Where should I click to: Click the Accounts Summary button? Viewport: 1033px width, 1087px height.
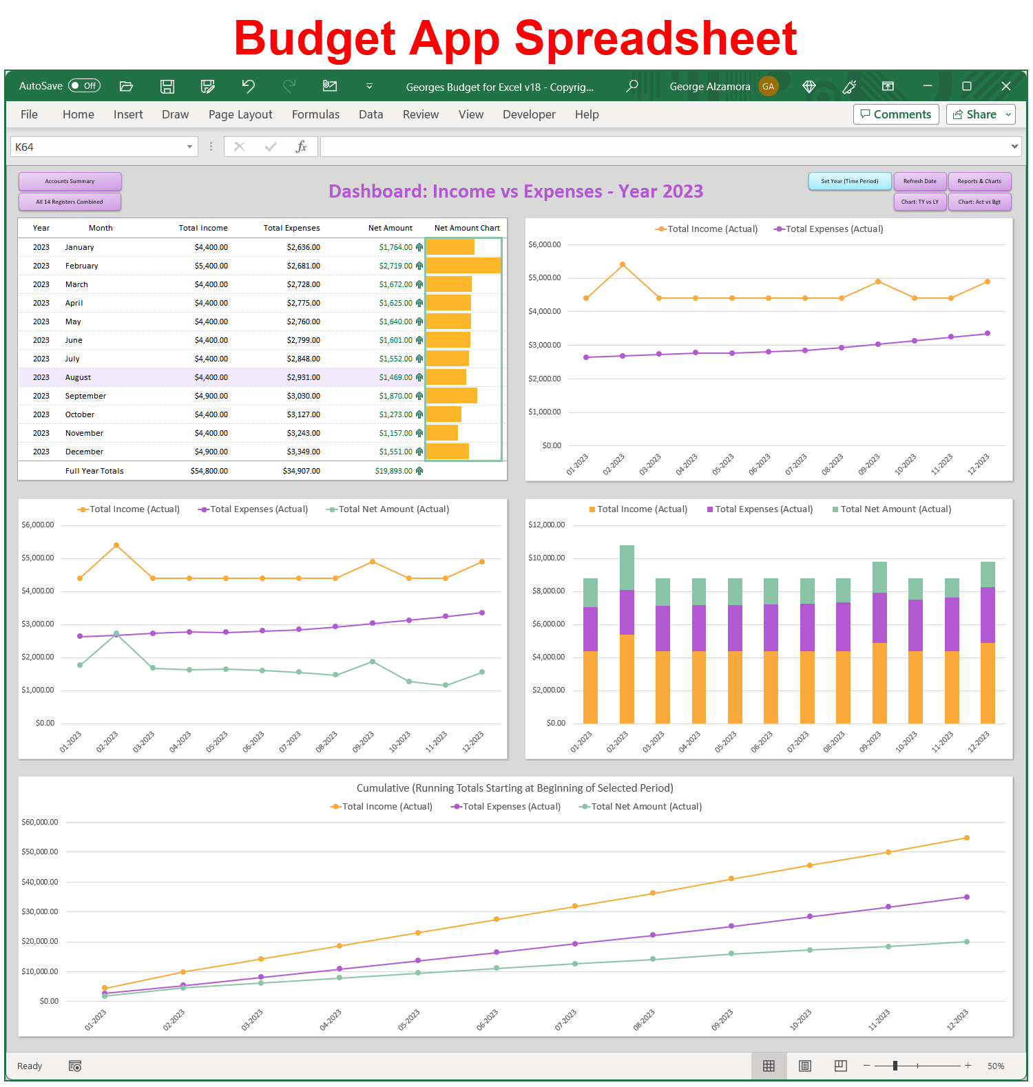point(70,181)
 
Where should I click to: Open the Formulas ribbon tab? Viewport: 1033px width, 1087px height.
point(315,114)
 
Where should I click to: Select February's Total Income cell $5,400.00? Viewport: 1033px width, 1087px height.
point(211,266)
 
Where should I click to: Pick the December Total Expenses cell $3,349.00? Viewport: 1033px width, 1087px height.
point(303,452)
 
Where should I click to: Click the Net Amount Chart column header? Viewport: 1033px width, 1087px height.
point(467,228)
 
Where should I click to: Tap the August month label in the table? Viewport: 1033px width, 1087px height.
point(78,377)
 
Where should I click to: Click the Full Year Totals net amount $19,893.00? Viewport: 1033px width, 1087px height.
point(393,471)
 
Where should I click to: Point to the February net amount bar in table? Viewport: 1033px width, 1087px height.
point(463,266)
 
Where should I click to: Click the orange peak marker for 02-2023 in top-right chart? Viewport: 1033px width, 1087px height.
point(623,264)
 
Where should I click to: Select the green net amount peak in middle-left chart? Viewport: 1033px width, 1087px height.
point(116,633)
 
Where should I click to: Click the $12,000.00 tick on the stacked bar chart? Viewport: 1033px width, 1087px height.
point(546,525)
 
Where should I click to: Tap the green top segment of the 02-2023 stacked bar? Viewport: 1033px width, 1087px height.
point(627,567)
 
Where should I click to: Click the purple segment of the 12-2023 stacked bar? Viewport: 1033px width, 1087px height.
point(988,615)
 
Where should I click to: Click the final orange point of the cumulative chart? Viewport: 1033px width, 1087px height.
point(967,838)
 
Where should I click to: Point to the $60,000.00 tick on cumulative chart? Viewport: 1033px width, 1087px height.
point(40,822)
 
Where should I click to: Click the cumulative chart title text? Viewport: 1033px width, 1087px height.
point(514,788)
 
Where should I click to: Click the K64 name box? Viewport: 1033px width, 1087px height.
point(96,147)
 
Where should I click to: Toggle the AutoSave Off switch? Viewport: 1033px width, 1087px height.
point(85,86)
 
